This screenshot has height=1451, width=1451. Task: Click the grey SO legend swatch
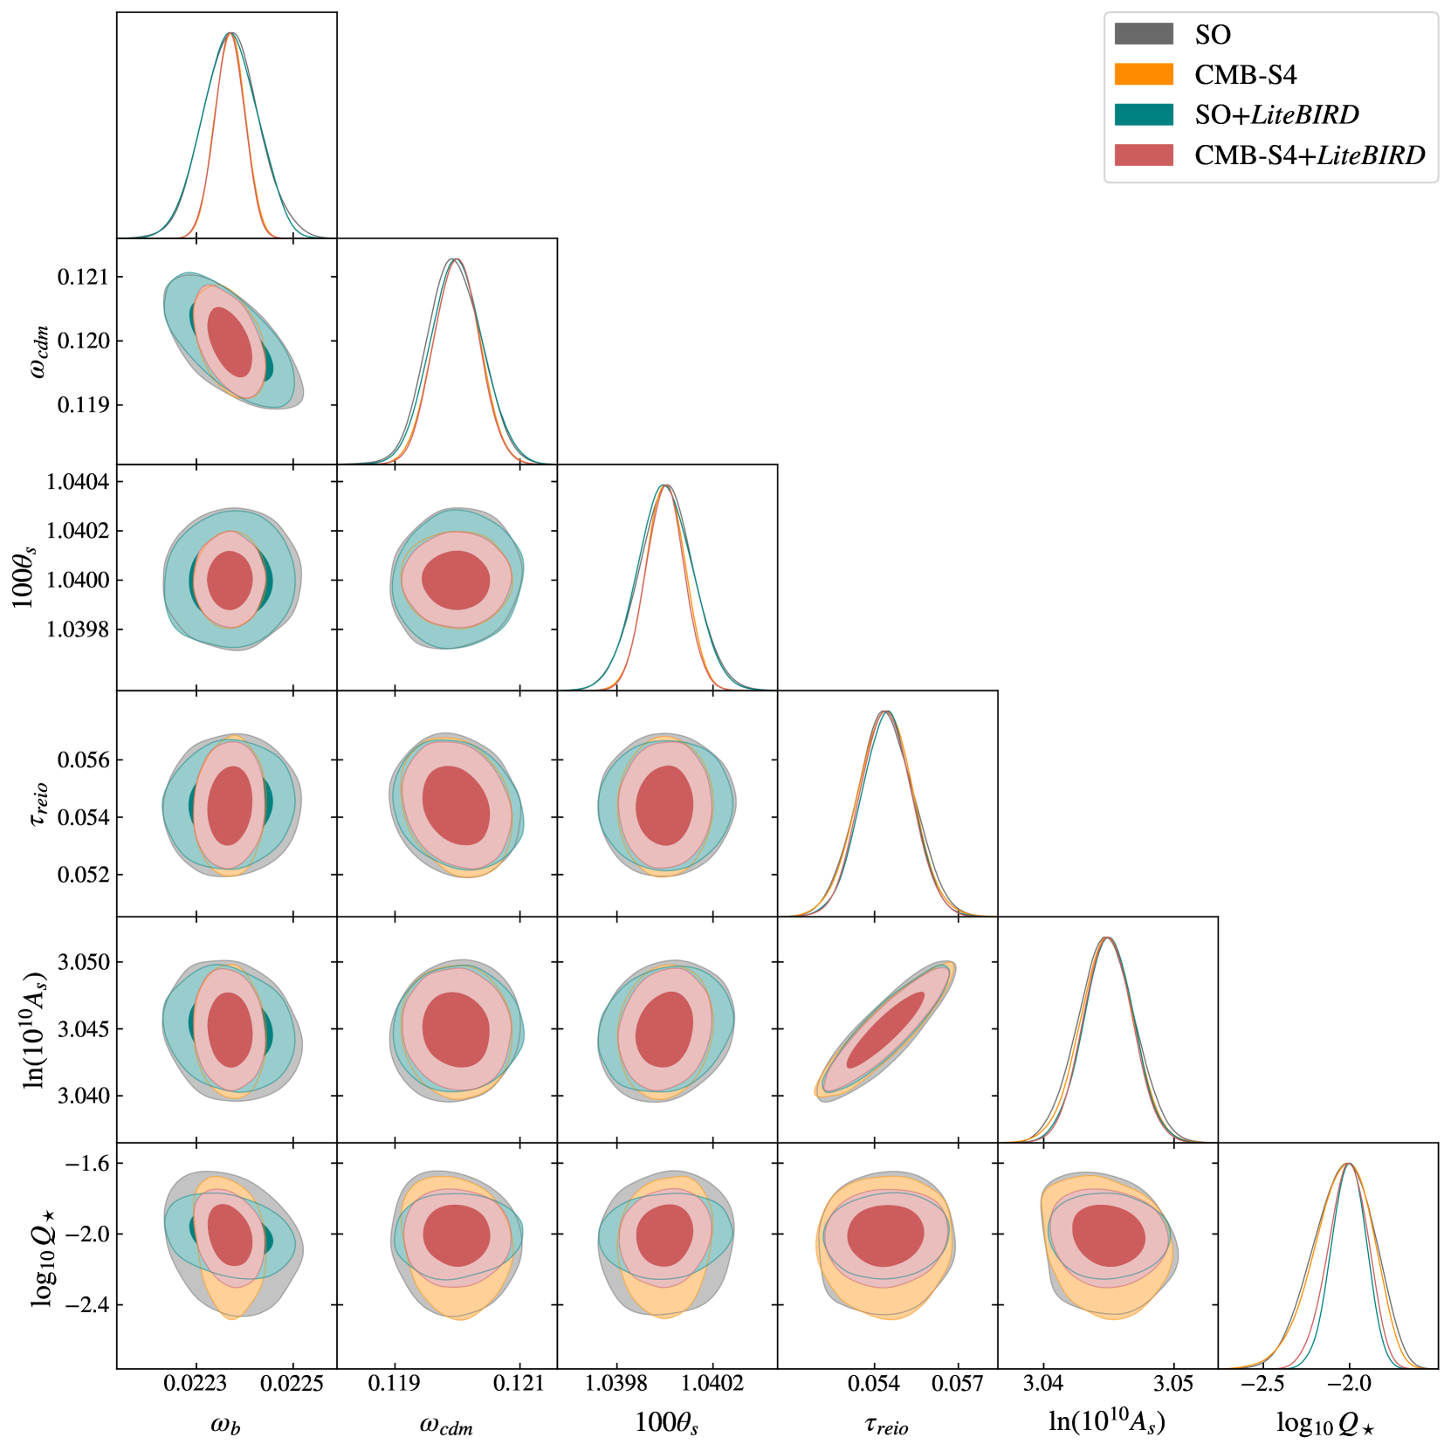pyautogui.click(x=1144, y=34)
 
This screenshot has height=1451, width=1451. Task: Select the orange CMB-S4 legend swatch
pyautogui.click(x=1144, y=74)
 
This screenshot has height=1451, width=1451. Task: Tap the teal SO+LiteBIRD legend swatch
pyautogui.click(x=1144, y=114)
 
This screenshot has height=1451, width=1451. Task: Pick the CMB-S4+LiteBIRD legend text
pyautogui.click(x=1310, y=155)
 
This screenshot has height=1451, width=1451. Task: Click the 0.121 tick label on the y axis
pyautogui.click(x=84, y=278)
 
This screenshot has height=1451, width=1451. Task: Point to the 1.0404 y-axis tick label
pyautogui.click(x=79, y=482)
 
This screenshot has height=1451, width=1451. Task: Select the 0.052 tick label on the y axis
pyautogui.click(x=84, y=875)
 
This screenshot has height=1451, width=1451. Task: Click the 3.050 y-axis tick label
pyautogui.click(x=84, y=962)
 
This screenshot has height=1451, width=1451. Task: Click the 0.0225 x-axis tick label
pyautogui.click(x=293, y=1384)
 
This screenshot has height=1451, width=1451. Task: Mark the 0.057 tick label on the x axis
pyautogui.click(x=958, y=1384)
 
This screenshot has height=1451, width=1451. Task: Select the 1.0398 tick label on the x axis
pyautogui.click(x=617, y=1384)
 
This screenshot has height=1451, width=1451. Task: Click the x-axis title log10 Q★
pyautogui.click(x=1325, y=1423)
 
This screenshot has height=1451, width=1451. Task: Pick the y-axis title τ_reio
pyautogui.click(x=39, y=804)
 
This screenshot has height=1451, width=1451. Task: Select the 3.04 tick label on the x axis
pyautogui.click(x=1042, y=1384)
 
